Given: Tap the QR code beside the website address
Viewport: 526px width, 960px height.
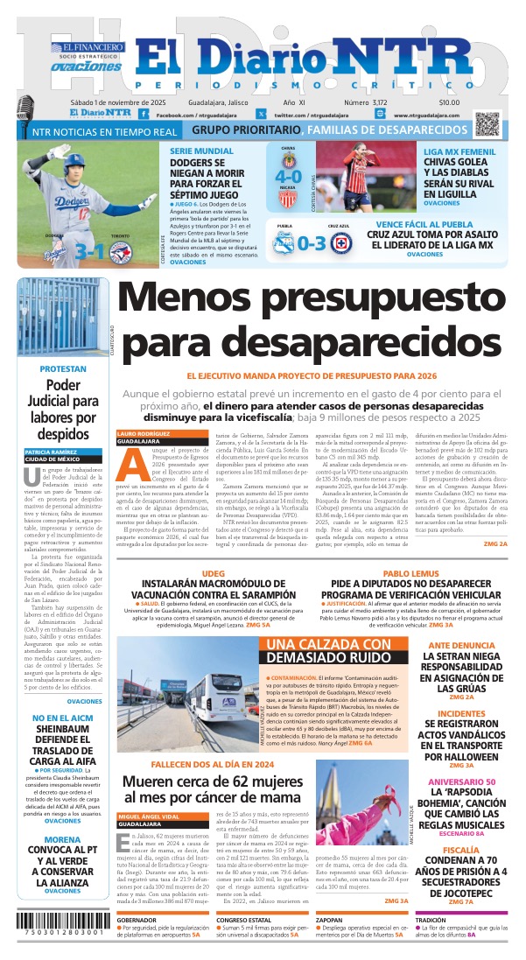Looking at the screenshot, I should (x=487, y=123).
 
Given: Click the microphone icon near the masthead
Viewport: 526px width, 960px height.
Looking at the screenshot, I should (x=24, y=108).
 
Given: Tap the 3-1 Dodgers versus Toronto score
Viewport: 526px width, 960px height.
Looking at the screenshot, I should (x=92, y=250).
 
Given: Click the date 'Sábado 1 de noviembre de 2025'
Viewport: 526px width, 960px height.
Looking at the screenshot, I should (x=111, y=102).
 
